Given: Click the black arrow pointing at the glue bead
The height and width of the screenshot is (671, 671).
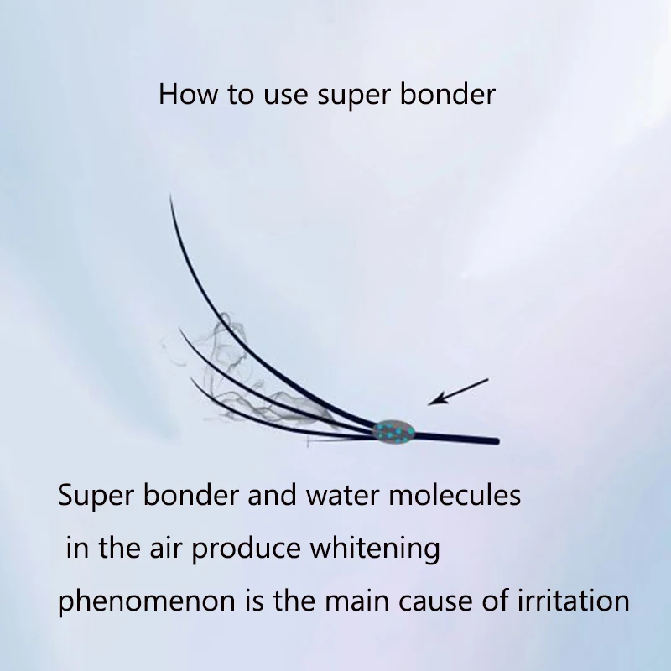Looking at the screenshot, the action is [458, 392].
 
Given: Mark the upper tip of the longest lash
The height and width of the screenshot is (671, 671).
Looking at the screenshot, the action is [170, 197].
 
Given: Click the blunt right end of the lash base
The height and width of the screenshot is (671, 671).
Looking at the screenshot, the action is [497, 440].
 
